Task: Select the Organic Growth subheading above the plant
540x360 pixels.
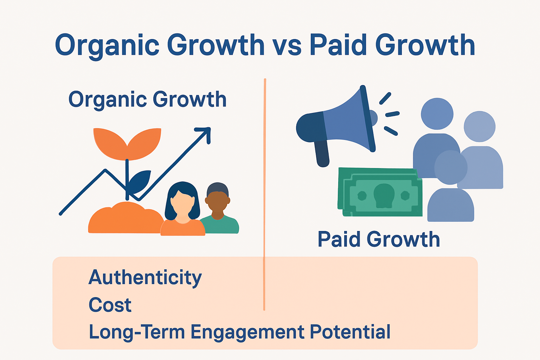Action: pyautogui.click(x=147, y=99)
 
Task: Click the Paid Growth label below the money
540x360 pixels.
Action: pyautogui.click(x=379, y=239)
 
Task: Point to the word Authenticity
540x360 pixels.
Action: pyautogui.click(x=145, y=278)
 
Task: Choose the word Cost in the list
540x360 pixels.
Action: pyautogui.click(x=110, y=305)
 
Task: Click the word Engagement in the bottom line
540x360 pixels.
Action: pyautogui.click(x=247, y=332)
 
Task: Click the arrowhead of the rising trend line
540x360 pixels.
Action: pyautogui.click(x=205, y=134)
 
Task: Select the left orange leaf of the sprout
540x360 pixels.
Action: pyautogui.click(x=109, y=142)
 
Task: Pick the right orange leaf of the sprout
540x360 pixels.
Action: pyautogui.click(x=145, y=142)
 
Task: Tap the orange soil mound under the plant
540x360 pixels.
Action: pyautogui.click(x=123, y=220)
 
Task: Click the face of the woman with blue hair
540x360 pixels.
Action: pyautogui.click(x=182, y=204)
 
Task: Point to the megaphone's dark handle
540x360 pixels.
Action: pyautogui.click(x=322, y=153)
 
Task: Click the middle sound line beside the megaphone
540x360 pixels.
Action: pyautogui.click(x=392, y=114)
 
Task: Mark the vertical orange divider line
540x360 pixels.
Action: pyautogui.click(x=264, y=176)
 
